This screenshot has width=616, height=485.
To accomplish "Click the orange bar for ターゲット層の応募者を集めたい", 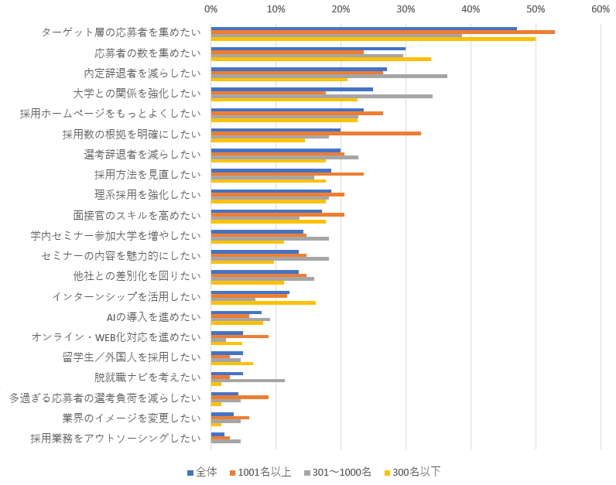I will tap(382, 32).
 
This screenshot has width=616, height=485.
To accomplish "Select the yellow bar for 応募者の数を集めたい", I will tap(320, 59).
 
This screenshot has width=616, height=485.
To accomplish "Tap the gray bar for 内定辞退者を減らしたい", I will tap(329, 76).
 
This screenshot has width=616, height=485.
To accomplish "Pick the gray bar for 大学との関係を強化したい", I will tap(321, 96).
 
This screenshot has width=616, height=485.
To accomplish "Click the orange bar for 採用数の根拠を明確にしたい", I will tap(316, 133).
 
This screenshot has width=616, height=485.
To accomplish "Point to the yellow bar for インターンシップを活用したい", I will tap(263, 302).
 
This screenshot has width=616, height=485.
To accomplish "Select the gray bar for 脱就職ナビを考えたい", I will tap(248, 380).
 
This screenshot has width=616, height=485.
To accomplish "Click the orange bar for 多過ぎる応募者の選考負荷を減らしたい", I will tap(240, 397).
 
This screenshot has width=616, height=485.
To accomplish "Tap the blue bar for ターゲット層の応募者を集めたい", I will tap(364, 29).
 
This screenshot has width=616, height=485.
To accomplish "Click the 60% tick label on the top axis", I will tap(601, 9).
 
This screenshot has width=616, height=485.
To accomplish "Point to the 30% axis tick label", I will tap(406, 9).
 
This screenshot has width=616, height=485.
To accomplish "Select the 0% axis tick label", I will tap(211, 9).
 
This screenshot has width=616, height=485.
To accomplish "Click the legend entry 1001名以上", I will tap(264, 472).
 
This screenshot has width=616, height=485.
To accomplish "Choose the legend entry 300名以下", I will tap(416, 472).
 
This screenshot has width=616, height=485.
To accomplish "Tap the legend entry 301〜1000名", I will tap(341, 472).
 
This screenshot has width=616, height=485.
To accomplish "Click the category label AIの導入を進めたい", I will tap(153, 316).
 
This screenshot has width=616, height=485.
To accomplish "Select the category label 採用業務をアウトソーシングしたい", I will tap(115, 438).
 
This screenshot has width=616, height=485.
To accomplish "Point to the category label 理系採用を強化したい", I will tap(147, 195).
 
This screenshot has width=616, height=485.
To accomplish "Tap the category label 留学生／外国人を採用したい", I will tap(131, 357).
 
